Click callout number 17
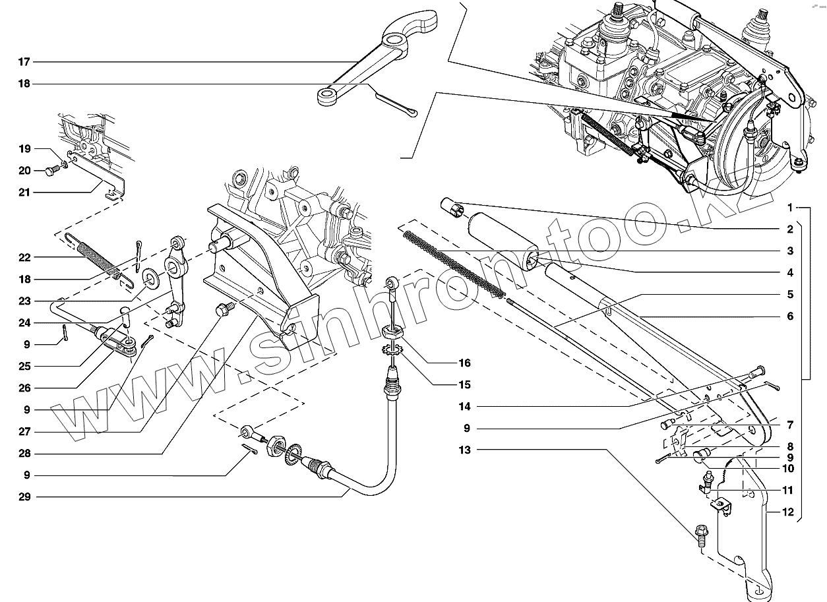coord(24,62)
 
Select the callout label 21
coord(24,193)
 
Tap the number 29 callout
coord(24,497)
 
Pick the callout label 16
coord(466,363)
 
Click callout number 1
coord(789,208)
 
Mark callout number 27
coord(24,432)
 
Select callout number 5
coord(789,295)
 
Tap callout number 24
coord(24,323)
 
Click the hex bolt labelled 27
coord(224,309)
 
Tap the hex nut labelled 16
coord(391,332)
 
